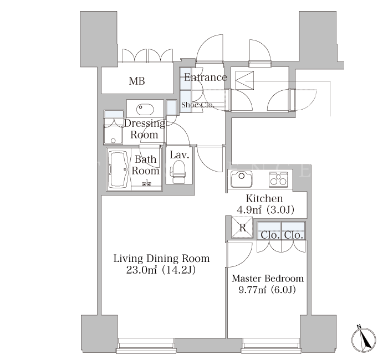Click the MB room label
[x=137, y=81]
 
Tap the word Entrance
[x=206, y=78]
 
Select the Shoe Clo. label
[x=197, y=105]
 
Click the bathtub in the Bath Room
[x=118, y=169]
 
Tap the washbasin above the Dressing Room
[x=145, y=109]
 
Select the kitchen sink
[x=242, y=179]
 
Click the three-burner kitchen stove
[x=278, y=179]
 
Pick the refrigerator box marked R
[x=242, y=228]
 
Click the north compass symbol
[x=364, y=339]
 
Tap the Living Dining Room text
[x=162, y=259]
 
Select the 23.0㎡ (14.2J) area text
[x=161, y=270]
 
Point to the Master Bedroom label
[x=268, y=279]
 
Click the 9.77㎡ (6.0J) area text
[x=267, y=290]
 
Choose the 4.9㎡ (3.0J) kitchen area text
[x=266, y=210]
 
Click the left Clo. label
[x=270, y=235]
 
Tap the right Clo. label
[x=293, y=235]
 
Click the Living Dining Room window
[x=146, y=346]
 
